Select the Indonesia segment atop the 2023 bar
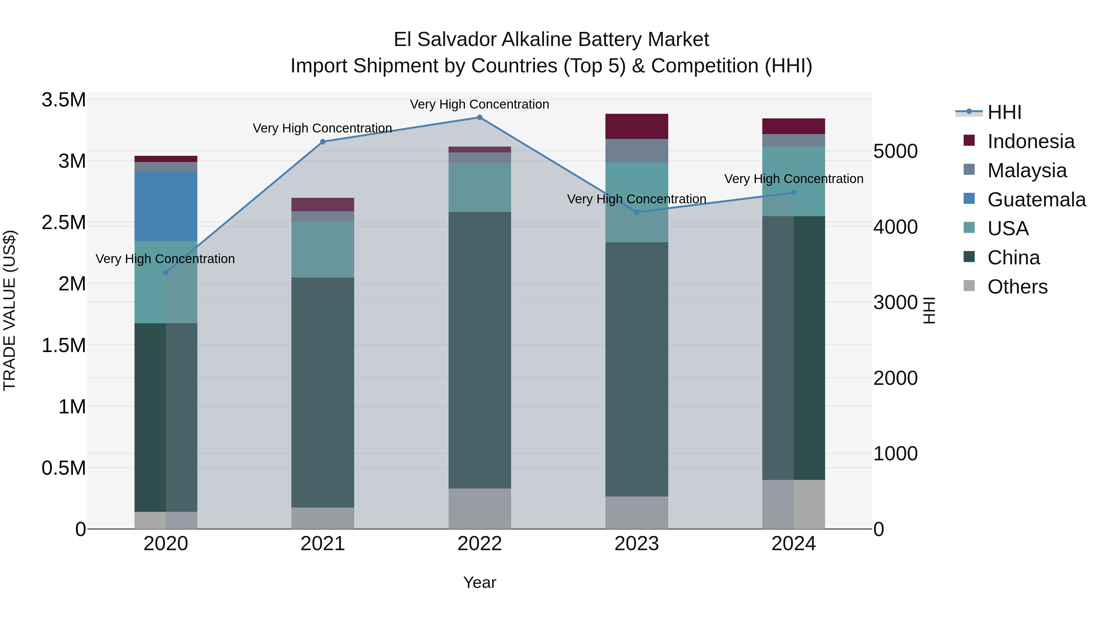pyautogui.click(x=636, y=126)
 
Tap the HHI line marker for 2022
pyautogui.click(x=479, y=117)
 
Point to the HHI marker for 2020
pyautogui.click(x=166, y=273)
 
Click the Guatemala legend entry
pyautogui.click(x=1036, y=200)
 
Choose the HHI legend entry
pyautogui.click(x=1004, y=112)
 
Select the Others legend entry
pyautogui.click(x=1017, y=287)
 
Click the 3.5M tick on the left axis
pyautogui.click(x=63, y=100)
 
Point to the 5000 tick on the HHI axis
pyautogui.click(x=895, y=151)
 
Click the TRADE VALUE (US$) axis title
pyautogui.click(x=9, y=310)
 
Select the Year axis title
pyautogui.click(x=479, y=582)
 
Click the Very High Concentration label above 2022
pyautogui.click(x=479, y=104)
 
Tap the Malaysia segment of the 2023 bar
pyautogui.click(x=636, y=151)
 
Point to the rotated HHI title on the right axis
pyautogui.click(x=928, y=310)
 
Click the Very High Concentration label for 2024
pyautogui.click(x=794, y=179)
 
